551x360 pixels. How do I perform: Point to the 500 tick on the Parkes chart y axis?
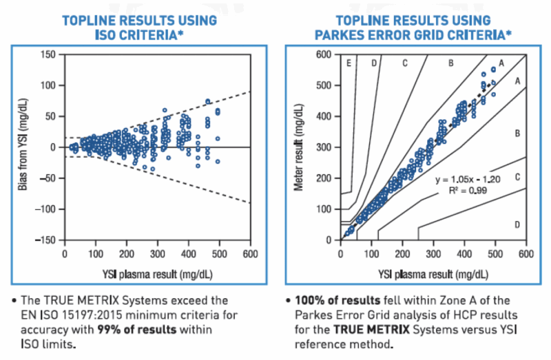[324, 85]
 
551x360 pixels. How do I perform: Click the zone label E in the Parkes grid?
[349, 63]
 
